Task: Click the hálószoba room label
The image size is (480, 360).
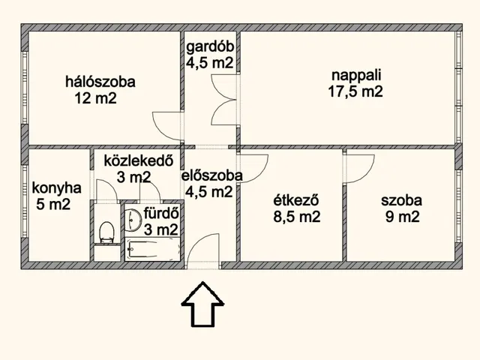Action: point(100,82)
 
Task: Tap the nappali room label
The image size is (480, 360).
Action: point(357,75)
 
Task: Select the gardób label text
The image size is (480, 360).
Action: point(210,47)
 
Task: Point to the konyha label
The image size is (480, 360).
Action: point(57,188)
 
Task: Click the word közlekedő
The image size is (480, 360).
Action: point(139,160)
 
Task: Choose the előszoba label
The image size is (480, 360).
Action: point(212,175)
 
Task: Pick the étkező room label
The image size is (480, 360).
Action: point(296,200)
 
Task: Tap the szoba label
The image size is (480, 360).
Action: point(402,200)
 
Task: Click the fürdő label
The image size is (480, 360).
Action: point(161,213)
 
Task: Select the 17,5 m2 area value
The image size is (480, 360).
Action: point(355,91)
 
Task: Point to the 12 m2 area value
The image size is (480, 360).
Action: point(96,98)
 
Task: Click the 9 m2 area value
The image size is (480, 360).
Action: point(402,217)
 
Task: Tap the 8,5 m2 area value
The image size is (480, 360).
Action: point(297,217)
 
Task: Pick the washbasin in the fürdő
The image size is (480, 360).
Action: point(133,220)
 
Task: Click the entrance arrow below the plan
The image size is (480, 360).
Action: point(202,304)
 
